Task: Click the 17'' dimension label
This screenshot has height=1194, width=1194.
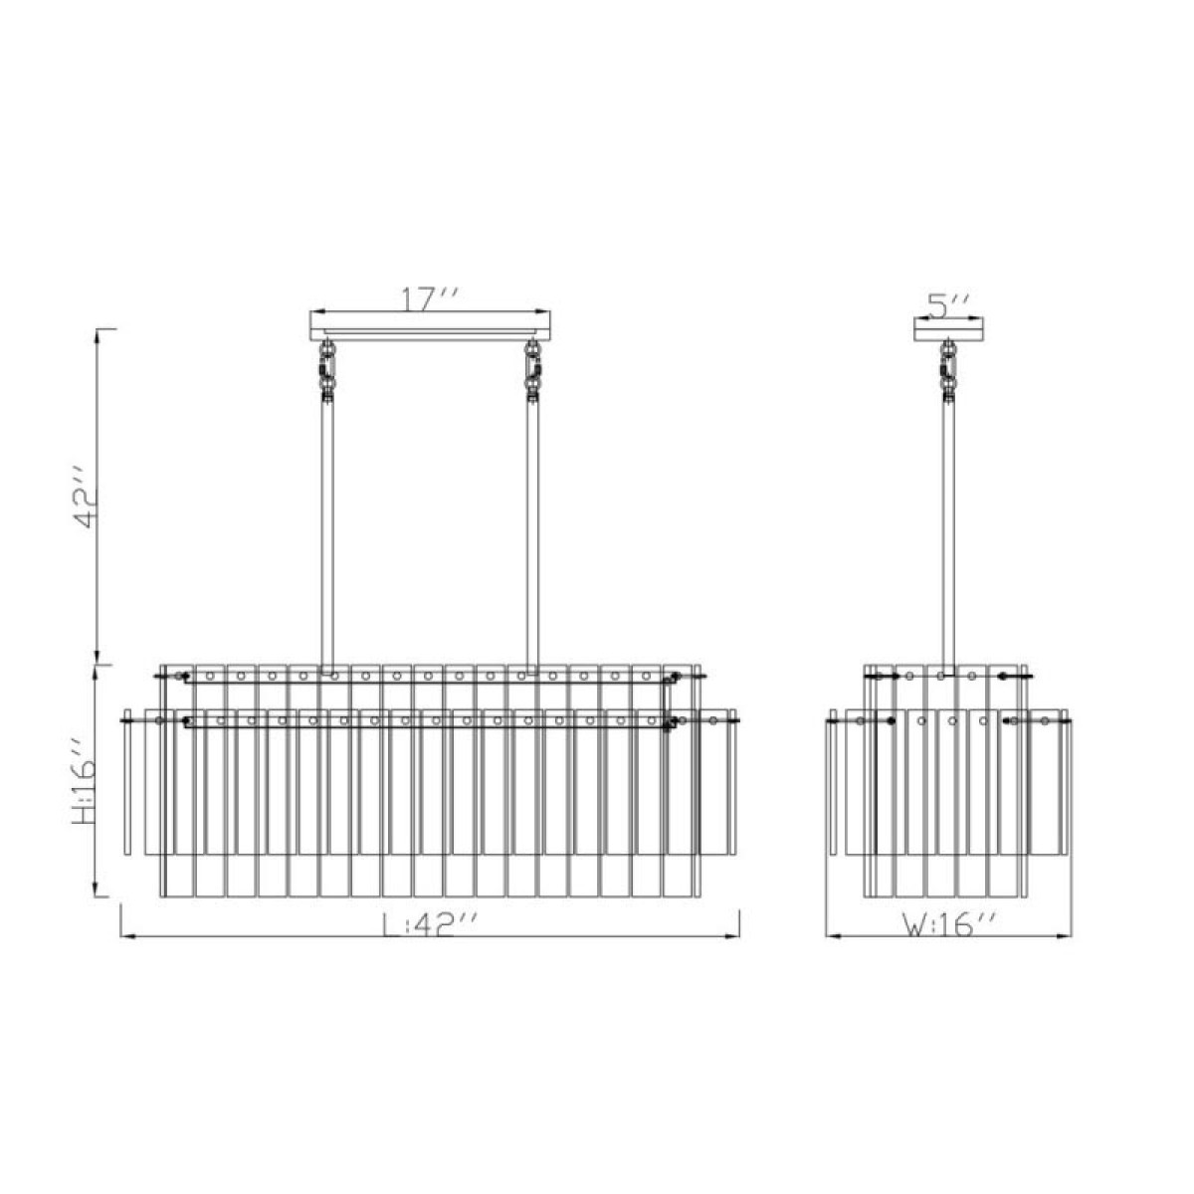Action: click(430, 299)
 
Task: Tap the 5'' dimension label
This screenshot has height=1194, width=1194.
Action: click(947, 305)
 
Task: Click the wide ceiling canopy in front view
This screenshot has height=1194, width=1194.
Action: click(430, 326)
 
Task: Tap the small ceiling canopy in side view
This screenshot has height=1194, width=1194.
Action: click(948, 328)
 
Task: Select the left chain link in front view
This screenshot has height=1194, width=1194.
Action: click(327, 371)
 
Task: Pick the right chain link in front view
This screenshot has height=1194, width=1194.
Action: click(532, 371)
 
